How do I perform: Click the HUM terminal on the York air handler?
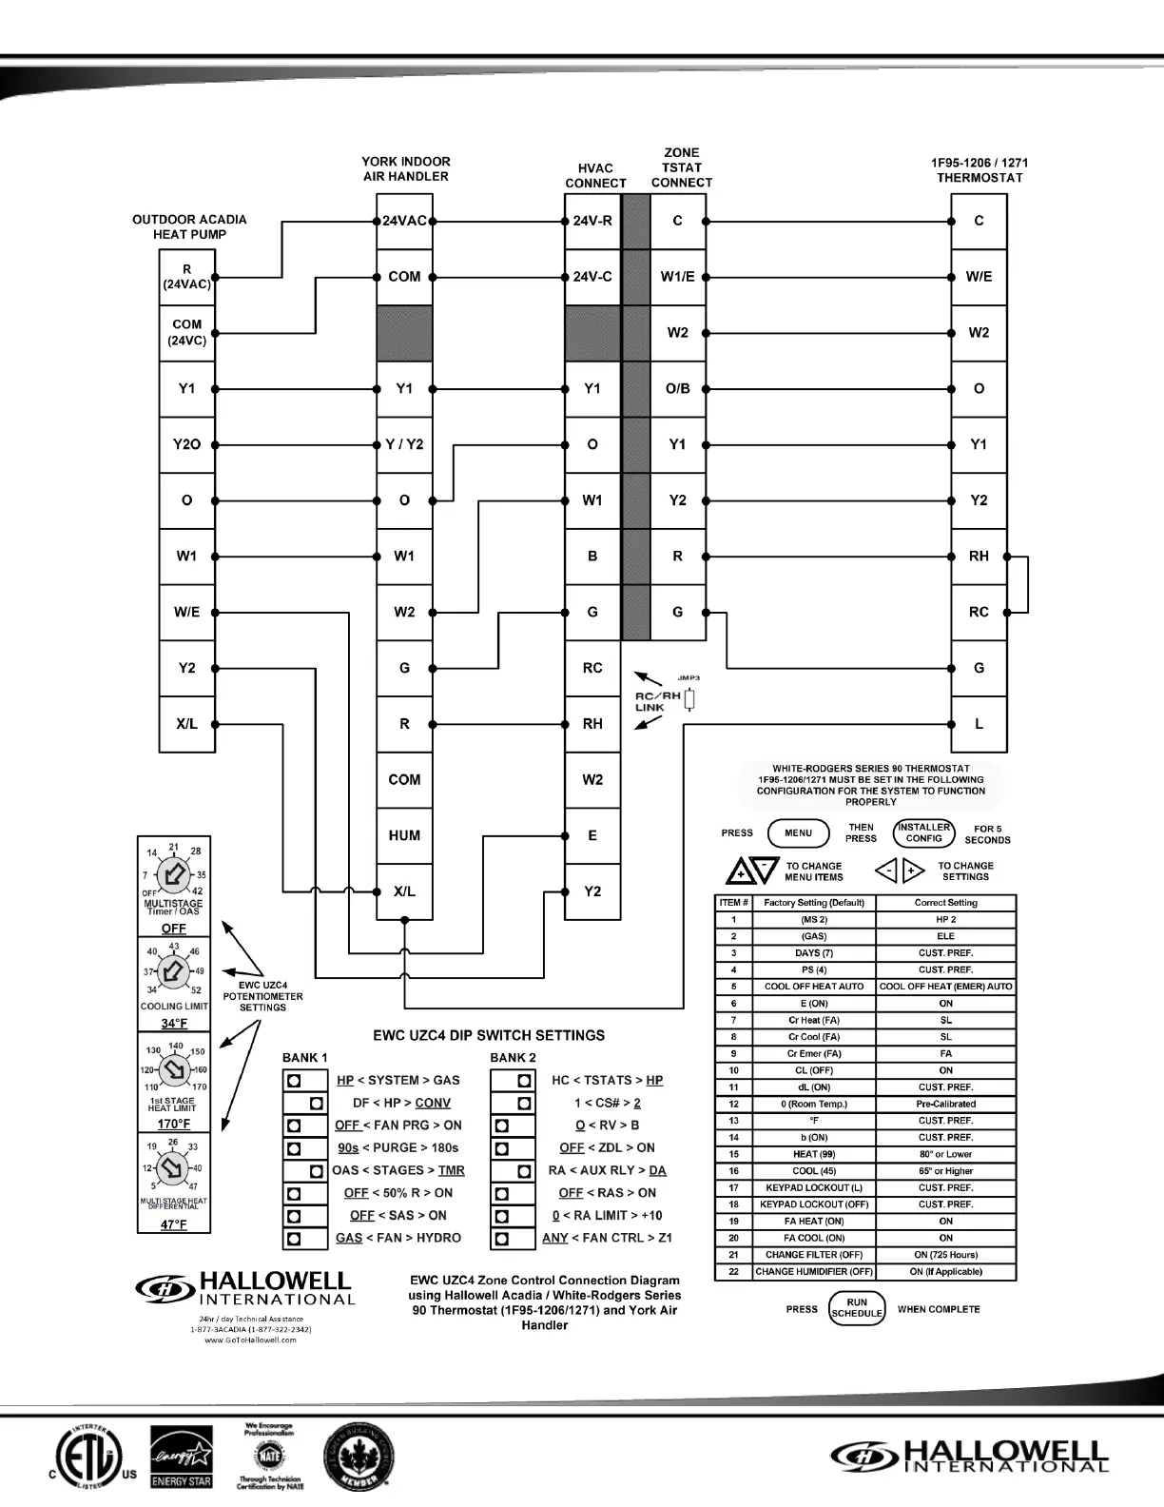pos(404,835)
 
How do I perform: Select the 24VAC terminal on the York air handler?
pos(404,221)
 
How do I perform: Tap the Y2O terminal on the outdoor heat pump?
pos(186,444)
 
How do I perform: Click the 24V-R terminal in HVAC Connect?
pos(592,221)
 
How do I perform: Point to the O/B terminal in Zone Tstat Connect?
pos(677,388)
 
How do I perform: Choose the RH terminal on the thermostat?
pos(979,557)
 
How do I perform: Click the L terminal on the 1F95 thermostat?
pos(979,724)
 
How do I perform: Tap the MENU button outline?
pos(798,833)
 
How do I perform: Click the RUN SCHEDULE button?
pos(857,1308)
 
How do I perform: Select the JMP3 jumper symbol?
pos(689,700)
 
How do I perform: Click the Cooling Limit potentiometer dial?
pos(173,971)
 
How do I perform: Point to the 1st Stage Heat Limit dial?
pos(174,1070)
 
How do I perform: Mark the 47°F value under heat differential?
pos(173,1224)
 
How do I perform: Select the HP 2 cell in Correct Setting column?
pos(945,920)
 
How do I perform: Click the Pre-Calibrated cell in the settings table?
pos(945,1105)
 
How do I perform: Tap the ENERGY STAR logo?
pos(182,1457)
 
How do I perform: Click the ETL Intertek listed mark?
pos(87,1456)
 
